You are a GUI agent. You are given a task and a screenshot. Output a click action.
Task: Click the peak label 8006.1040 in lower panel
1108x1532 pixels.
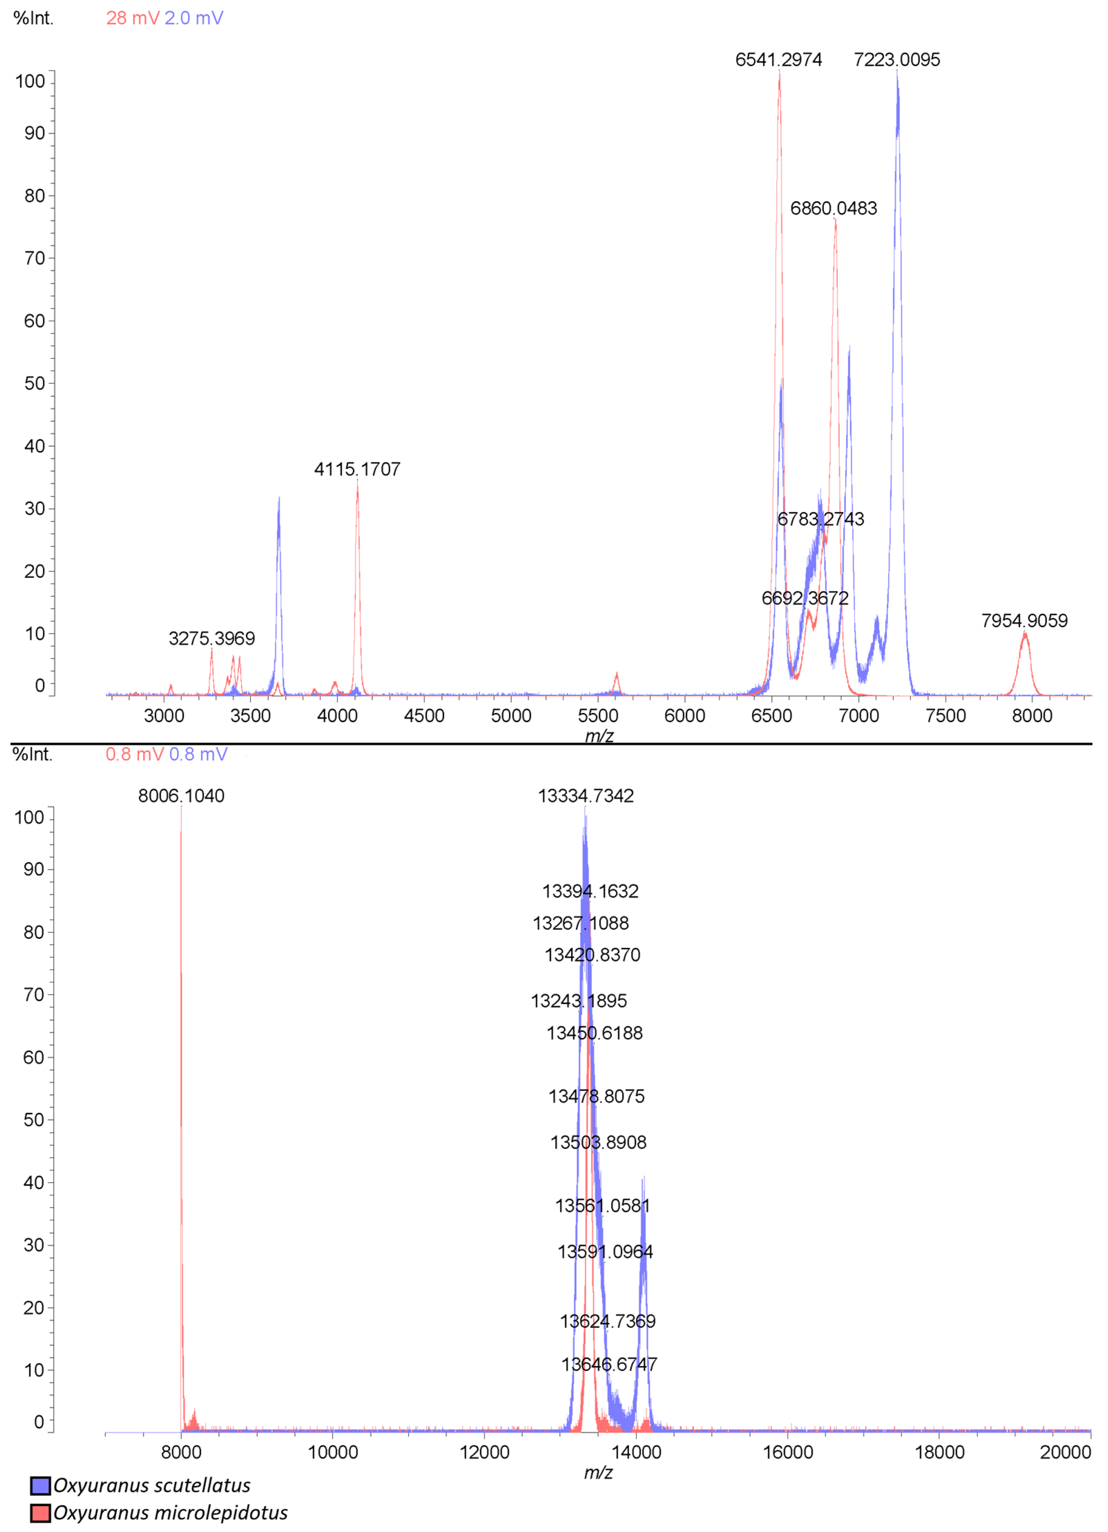[181, 796]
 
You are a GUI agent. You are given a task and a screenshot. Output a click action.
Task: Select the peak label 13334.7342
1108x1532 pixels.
[585, 796]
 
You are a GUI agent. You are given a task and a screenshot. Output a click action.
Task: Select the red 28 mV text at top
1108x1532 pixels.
[132, 18]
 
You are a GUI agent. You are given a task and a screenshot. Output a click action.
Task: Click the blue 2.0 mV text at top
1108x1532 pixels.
[194, 18]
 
